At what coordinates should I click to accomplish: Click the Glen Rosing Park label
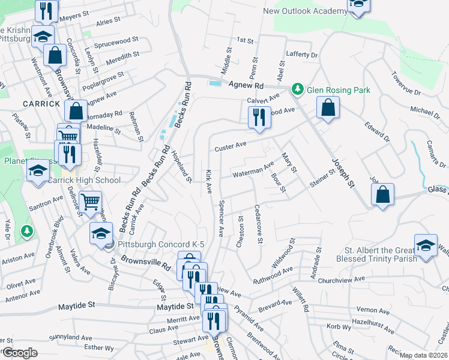pos(339,90)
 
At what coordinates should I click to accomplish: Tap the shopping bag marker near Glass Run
pos(382,195)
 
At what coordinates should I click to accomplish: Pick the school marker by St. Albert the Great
pos(426,246)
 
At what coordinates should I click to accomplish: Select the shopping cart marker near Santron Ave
pos(91,202)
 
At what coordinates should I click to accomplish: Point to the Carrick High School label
pos(85,180)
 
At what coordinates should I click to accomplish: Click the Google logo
pos(19,353)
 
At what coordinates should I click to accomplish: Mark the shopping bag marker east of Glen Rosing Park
pos(328,109)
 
